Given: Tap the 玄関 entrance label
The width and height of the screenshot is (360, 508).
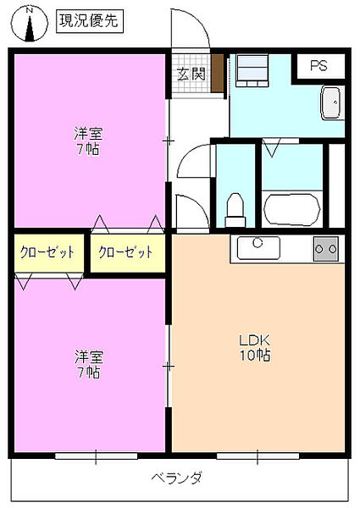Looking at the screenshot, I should [x=191, y=74].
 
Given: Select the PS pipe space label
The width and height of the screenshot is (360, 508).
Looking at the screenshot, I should [x=318, y=66].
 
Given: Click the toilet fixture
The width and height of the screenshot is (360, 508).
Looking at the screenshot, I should [x=235, y=209].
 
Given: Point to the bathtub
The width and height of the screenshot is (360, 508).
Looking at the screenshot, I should [x=291, y=208].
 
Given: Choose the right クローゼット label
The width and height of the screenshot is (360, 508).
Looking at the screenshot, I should [x=126, y=252].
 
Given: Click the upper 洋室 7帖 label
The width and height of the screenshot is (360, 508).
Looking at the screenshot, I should [x=86, y=140].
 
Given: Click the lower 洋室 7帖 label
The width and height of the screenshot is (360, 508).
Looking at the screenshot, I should [x=86, y=364].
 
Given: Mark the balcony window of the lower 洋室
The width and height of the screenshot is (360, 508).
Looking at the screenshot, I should [x=96, y=456].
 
